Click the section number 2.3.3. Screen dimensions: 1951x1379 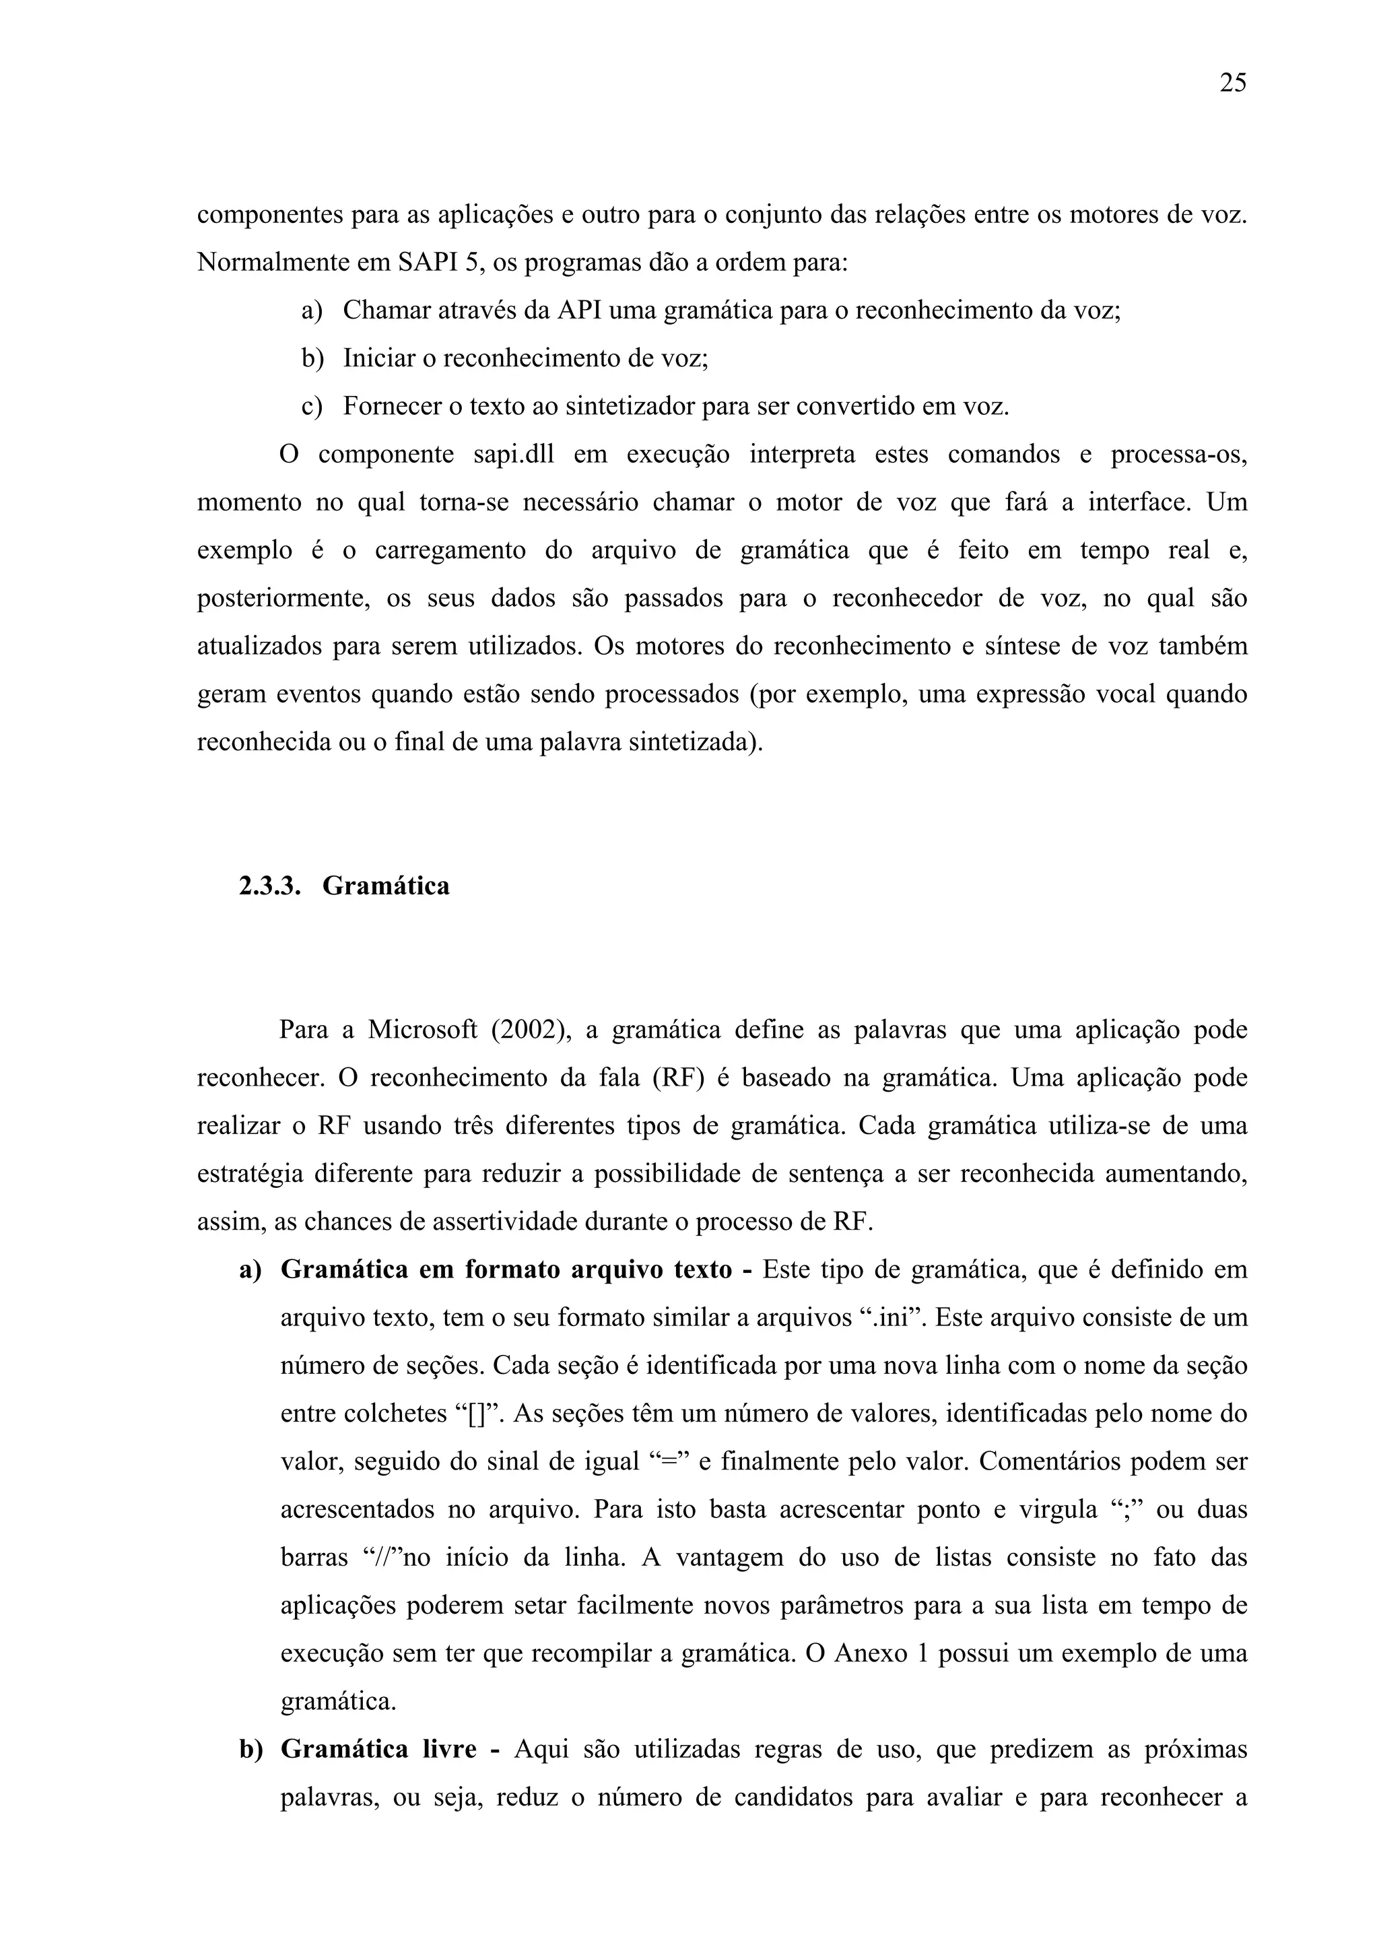pos(270,886)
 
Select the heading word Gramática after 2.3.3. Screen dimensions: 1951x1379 pos(386,886)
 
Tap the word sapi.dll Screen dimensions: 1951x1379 pos(513,455)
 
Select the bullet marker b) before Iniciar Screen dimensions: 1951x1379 pos(312,358)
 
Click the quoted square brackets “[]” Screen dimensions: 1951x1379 pos(481,1415)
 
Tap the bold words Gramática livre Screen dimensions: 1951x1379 pos(378,1751)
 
